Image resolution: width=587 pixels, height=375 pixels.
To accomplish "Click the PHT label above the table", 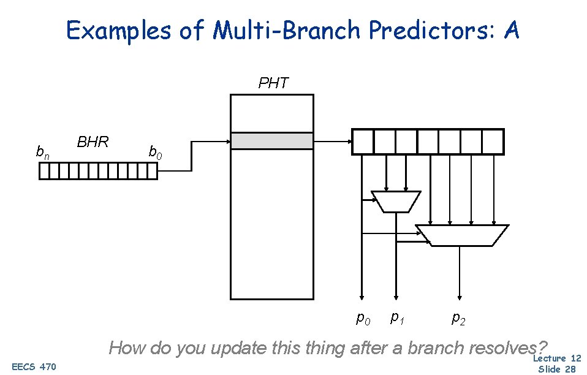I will pyautogui.click(x=273, y=83).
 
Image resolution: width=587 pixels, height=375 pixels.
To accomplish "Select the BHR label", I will pyautogui.click(x=93, y=142).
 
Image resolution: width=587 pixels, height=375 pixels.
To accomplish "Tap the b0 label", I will pyautogui.click(x=156, y=152).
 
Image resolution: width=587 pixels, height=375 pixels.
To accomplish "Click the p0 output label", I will pyautogui.click(x=363, y=318).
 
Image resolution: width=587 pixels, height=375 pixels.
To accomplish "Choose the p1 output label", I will pyautogui.click(x=397, y=317).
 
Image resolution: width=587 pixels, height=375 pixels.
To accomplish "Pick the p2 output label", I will pyautogui.click(x=458, y=318).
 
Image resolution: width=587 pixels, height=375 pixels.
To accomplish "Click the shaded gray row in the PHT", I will pyautogui.click(x=271, y=141).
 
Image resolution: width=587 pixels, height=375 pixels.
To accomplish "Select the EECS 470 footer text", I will pyautogui.click(x=34, y=367).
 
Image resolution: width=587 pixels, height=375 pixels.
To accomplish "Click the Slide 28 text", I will pyautogui.click(x=558, y=369).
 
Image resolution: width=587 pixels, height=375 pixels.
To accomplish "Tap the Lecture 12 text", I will pyautogui.click(x=557, y=358).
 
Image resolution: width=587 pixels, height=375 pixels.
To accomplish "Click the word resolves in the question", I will pyautogui.click(x=501, y=349).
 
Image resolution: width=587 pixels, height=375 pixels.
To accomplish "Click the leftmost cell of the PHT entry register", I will pyautogui.click(x=362, y=142).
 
